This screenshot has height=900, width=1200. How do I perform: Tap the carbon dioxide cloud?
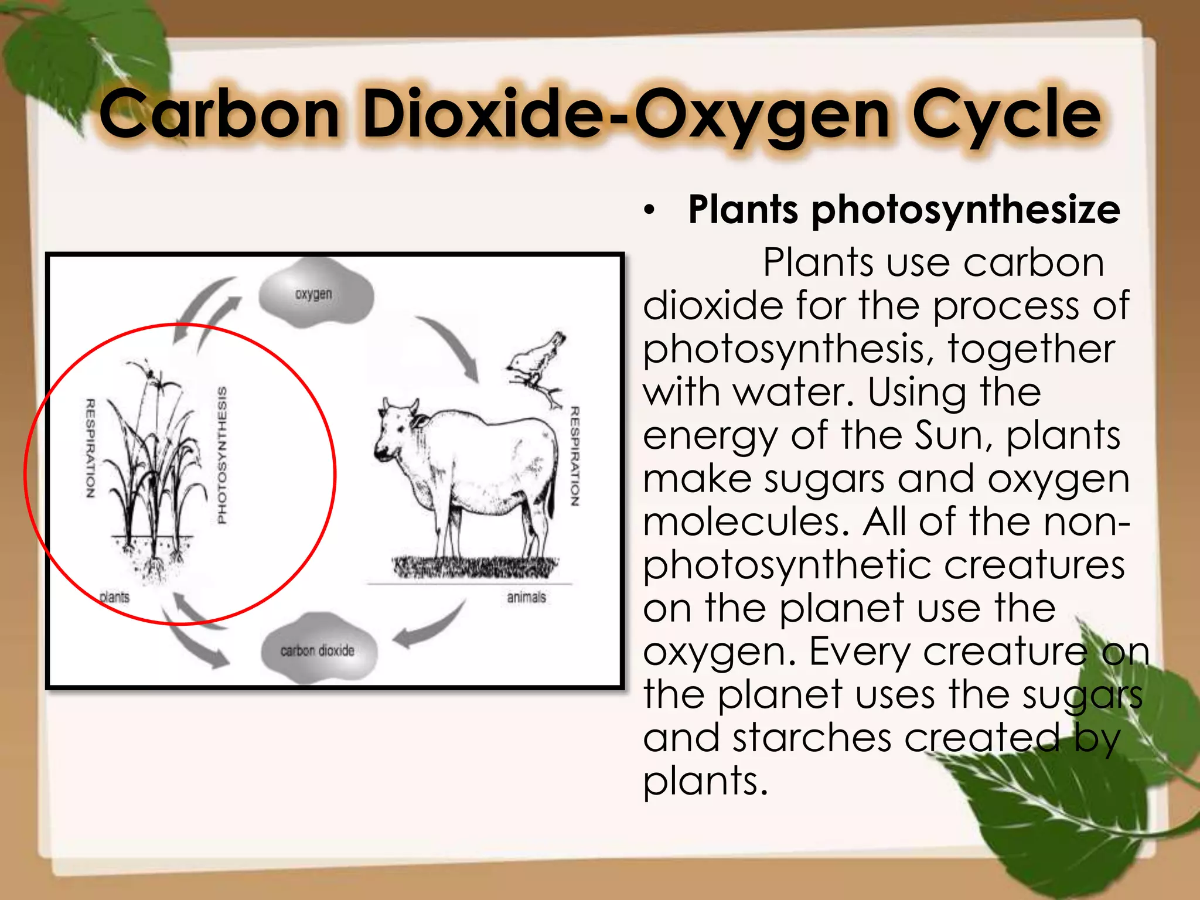[x=318, y=649]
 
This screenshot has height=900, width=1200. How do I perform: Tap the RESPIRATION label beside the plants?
[x=90, y=449]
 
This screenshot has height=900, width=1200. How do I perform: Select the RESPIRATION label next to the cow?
[x=575, y=456]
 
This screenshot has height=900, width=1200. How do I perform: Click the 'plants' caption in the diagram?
[x=114, y=597]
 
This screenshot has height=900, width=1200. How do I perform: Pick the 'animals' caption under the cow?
[x=526, y=597]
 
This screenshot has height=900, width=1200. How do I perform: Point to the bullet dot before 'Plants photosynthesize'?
[x=648, y=211]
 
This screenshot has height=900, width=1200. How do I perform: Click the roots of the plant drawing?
[x=154, y=568]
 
